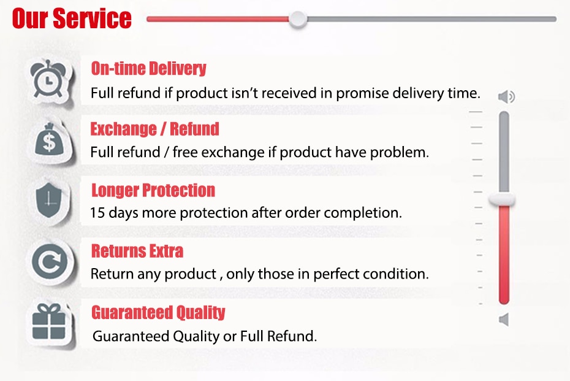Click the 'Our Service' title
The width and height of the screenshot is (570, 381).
tap(72, 18)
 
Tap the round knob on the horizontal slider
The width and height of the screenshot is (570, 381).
tap(298, 19)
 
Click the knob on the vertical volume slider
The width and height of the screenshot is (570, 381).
tap(502, 200)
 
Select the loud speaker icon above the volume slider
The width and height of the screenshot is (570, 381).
tap(506, 97)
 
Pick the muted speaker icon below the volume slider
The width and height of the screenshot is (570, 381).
tap(504, 320)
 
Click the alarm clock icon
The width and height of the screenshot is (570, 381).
tap(48, 80)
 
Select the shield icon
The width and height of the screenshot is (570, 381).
tap(48, 200)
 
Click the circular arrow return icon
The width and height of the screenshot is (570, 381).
tap(50, 261)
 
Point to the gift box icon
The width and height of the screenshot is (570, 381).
tap(49, 321)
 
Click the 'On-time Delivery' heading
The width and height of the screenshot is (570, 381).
tap(149, 69)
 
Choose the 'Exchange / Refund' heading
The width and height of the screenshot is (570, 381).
tap(155, 129)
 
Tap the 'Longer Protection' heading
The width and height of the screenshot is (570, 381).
tap(153, 190)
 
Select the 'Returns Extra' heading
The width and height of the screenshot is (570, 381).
tap(137, 251)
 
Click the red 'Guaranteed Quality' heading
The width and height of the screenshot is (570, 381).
tap(158, 312)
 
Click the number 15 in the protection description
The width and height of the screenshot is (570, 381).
tap(97, 212)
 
